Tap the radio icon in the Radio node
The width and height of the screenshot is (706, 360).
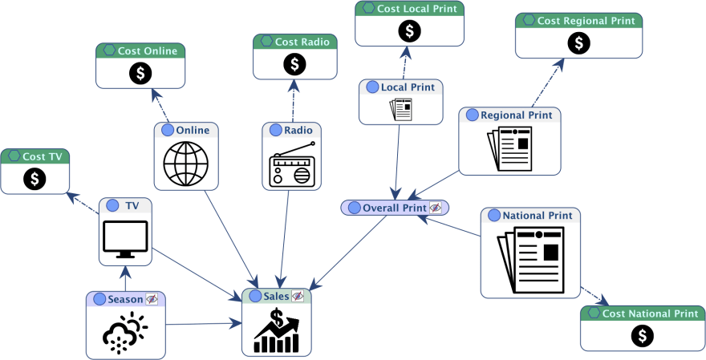(291, 165)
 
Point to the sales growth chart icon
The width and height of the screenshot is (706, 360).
(276, 331)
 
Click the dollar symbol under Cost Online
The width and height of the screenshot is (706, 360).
(140, 73)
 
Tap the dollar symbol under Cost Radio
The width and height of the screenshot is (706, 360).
(294, 63)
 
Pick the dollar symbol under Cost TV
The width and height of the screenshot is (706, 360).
(34, 179)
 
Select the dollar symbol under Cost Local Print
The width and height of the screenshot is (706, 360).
(409, 31)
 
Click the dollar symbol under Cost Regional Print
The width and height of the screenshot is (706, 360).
(578, 42)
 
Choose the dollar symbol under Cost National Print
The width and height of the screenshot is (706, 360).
(642, 336)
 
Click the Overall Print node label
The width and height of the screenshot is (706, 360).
(394, 208)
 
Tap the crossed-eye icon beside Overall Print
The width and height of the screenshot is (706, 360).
(436, 208)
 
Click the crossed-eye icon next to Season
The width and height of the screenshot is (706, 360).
(152, 299)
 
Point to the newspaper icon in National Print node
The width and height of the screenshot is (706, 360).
(529, 261)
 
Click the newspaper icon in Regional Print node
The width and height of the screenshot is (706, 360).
(509, 148)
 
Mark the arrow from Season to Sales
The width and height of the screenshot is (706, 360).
(201, 324)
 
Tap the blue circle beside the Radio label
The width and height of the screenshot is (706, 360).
(276, 130)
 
